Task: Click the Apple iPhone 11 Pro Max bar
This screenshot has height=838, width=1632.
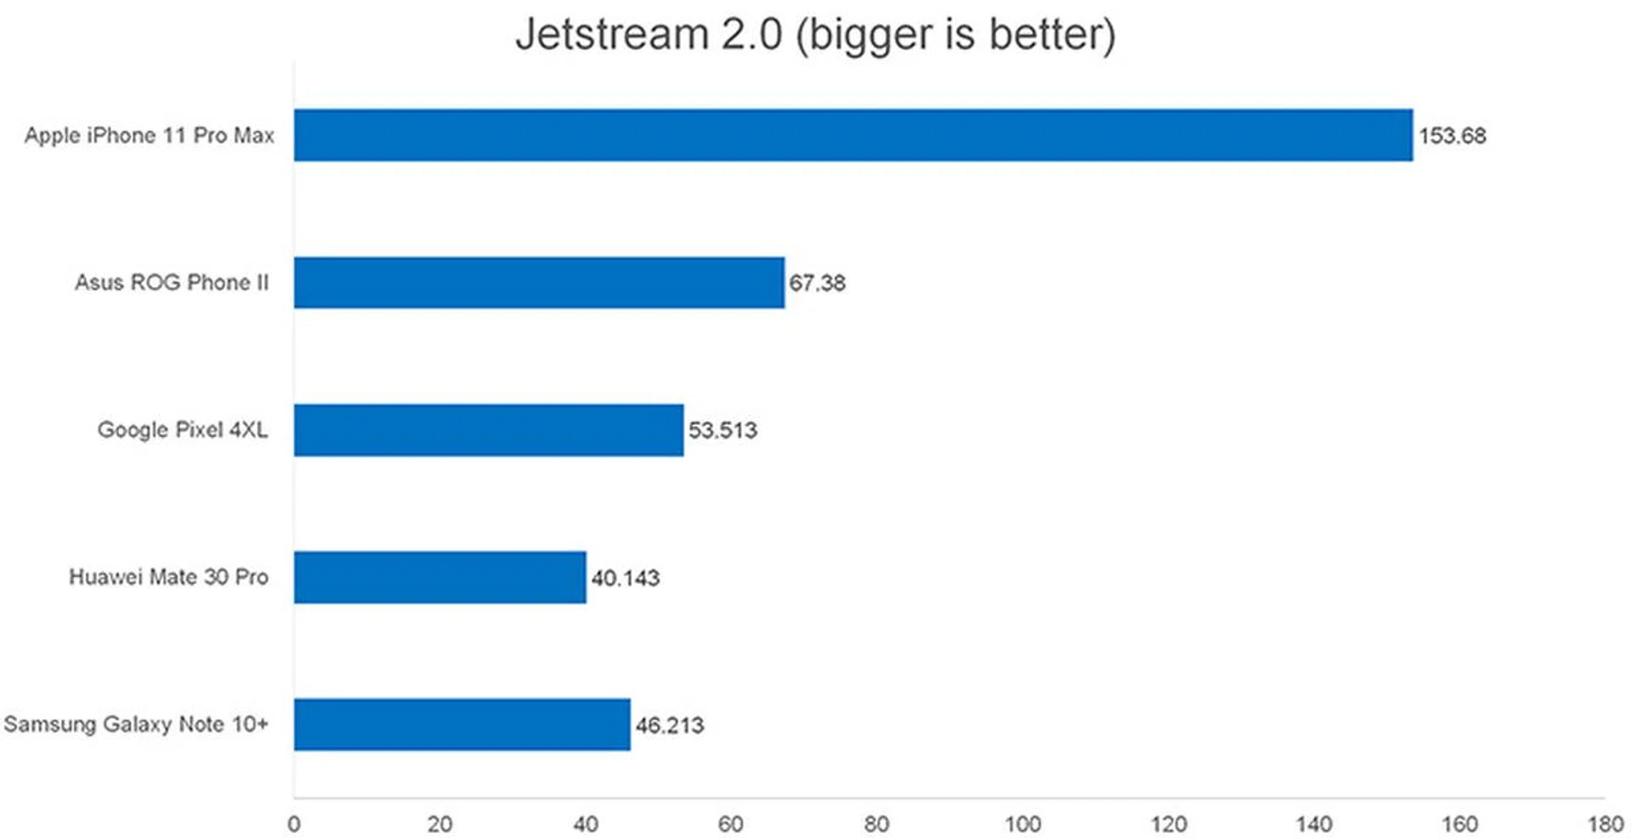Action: pyautogui.click(x=853, y=135)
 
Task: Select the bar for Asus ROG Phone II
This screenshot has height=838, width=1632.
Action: pyautogui.click(x=539, y=282)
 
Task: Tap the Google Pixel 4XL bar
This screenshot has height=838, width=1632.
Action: pyautogui.click(x=489, y=430)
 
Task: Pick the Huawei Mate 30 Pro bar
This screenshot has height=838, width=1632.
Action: pyautogui.click(x=439, y=577)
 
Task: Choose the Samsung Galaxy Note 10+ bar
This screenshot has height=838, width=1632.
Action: pyautogui.click(x=462, y=724)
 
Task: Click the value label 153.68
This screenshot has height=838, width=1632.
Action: pyautogui.click(x=1452, y=136)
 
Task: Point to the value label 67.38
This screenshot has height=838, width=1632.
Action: pyautogui.click(x=817, y=283)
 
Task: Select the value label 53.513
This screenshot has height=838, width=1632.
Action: pyautogui.click(x=722, y=430)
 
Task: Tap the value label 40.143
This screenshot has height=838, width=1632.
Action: pyautogui.click(x=625, y=578)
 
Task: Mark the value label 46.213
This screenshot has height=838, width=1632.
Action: pyautogui.click(x=670, y=725)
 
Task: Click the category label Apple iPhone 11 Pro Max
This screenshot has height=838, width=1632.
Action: pyautogui.click(x=150, y=135)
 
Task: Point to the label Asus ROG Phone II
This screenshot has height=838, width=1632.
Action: pyautogui.click(x=172, y=282)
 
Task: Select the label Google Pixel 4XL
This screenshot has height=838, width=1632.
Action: pyautogui.click(x=183, y=429)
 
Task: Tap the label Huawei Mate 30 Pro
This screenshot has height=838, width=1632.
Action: pyautogui.click(x=168, y=577)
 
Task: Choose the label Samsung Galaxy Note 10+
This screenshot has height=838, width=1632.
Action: pyautogui.click(x=136, y=724)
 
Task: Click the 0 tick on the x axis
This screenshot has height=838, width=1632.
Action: pyautogui.click(x=294, y=824)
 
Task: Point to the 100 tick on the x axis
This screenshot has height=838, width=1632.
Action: pyautogui.click(x=1023, y=824)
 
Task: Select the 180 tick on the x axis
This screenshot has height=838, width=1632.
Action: pyautogui.click(x=1605, y=824)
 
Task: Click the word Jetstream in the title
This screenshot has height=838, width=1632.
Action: pyautogui.click(x=612, y=35)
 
